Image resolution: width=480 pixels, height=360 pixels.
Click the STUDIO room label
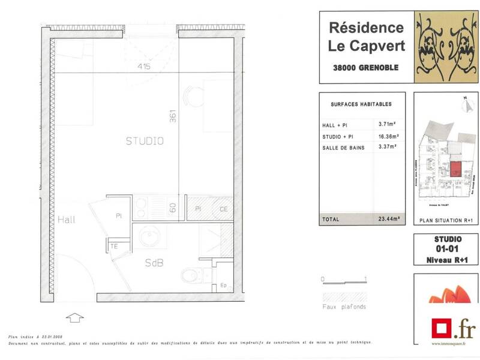pos(145,142)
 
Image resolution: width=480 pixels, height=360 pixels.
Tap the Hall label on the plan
pos(67,220)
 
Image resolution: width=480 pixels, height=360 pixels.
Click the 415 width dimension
pos(144,67)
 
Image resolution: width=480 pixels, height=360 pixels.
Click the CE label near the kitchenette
pos(223,209)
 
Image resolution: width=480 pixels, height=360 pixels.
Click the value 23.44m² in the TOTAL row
pos(388,219)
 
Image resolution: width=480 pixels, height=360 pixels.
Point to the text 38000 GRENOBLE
pos(365,68)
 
